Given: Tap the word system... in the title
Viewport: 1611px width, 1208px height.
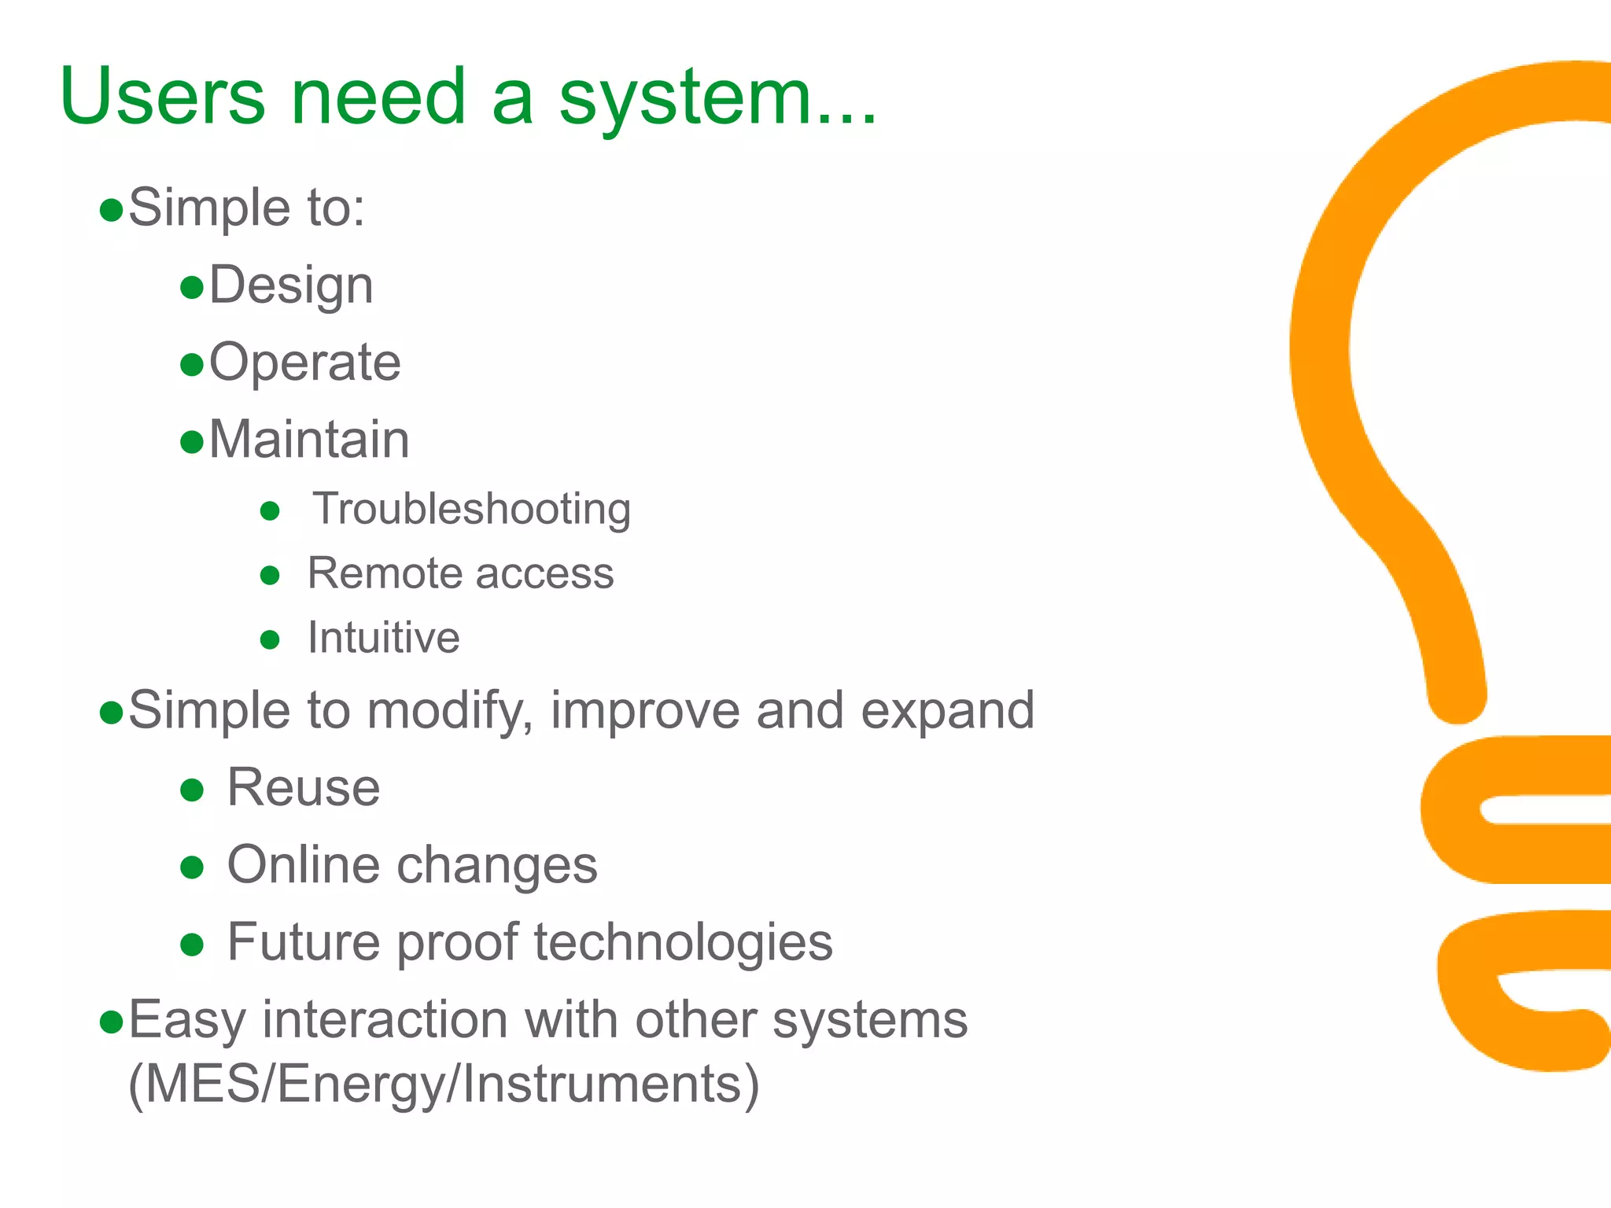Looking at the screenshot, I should (717, 98).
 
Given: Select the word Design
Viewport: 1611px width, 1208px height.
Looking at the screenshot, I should (290, 286).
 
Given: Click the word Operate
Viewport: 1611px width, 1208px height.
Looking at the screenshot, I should (305, 363).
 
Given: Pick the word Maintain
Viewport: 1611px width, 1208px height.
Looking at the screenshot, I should (309, 440).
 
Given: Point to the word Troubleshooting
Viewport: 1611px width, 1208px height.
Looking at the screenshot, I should (471, 510).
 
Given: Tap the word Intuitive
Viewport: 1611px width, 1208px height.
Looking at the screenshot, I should (383, 638).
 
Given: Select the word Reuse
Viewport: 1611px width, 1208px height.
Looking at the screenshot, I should (304, 788).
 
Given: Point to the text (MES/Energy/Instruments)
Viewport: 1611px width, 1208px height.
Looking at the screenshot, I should (444, 1085).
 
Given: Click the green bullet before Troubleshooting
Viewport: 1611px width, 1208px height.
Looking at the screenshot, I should (270, 511).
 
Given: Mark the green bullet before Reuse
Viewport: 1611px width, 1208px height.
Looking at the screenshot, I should (192, 790).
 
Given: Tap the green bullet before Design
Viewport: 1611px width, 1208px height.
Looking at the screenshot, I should (192, 288).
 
